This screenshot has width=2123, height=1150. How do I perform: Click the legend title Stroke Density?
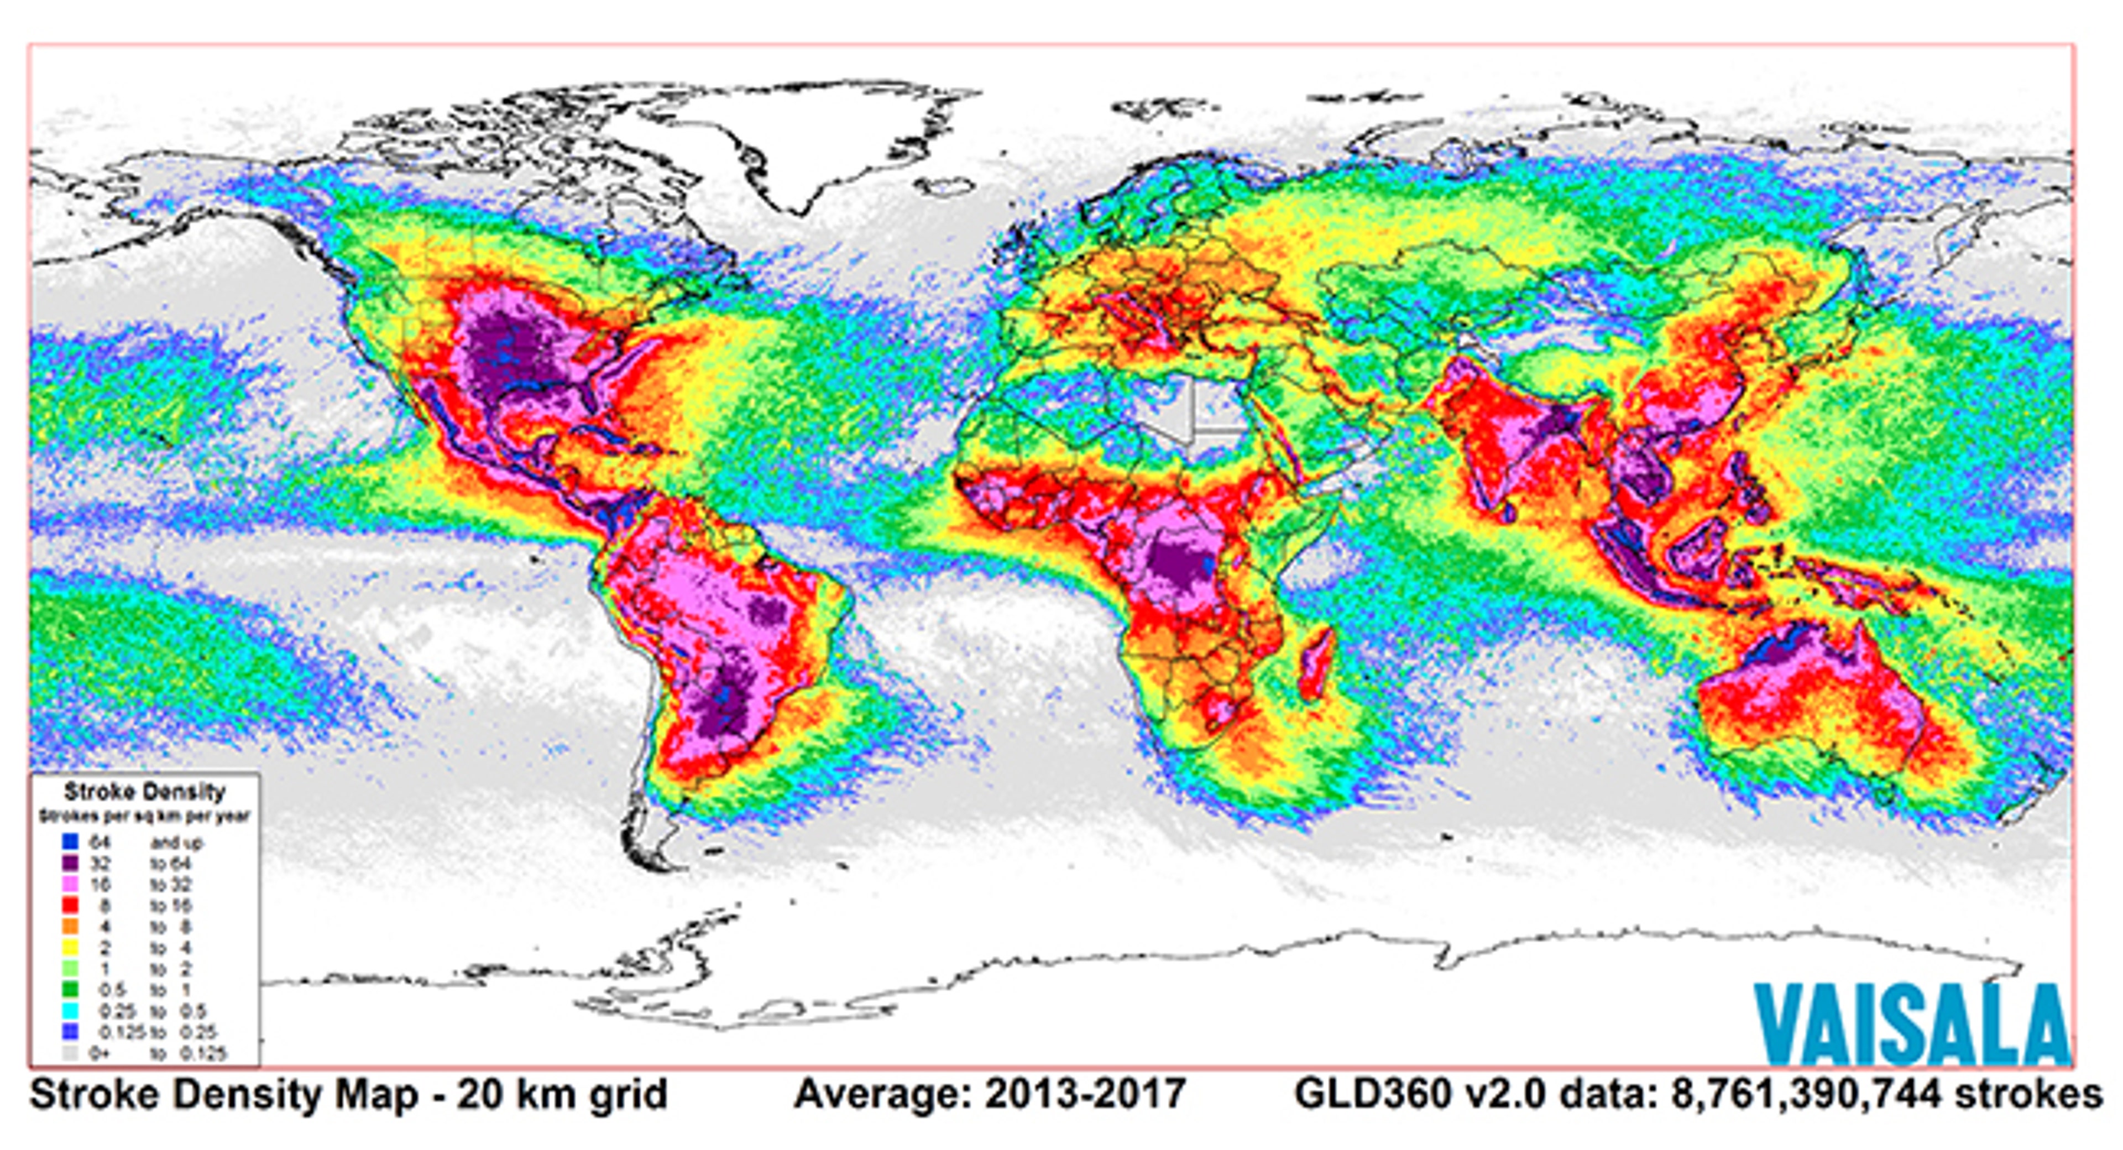click(x=144, y=792)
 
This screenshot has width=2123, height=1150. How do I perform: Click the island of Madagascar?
click(x=1317, y=663)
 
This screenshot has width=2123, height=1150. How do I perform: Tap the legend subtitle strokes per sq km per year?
click(x=144, y=816)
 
